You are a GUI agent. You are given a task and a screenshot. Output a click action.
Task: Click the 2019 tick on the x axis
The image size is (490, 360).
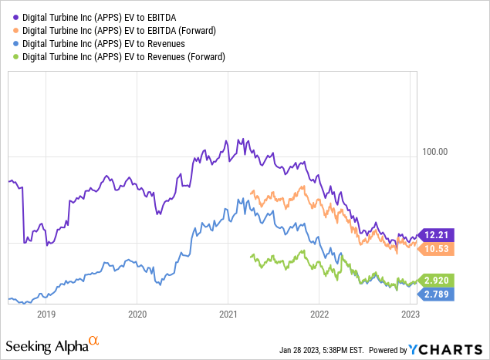[46, 314]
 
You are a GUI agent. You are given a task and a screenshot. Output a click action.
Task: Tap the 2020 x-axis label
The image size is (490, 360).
[137, 314]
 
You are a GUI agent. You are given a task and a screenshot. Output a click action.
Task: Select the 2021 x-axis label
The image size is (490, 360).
[228, 314]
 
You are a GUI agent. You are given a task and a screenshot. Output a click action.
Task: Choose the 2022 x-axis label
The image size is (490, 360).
[319, 314]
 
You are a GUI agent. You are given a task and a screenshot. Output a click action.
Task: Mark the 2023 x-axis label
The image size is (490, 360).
[410, 314]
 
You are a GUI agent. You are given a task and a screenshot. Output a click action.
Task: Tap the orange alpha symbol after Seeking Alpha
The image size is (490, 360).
[93, 338]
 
